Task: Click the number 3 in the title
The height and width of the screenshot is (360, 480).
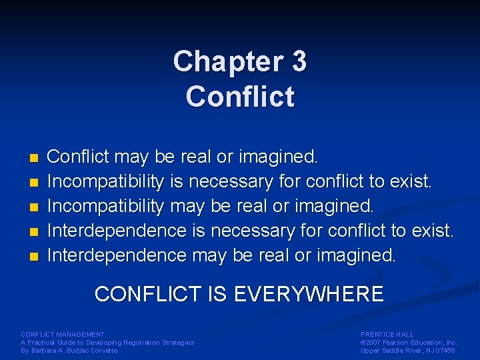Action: (x=299, y=62)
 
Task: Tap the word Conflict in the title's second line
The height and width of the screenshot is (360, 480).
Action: (x=240, y=97)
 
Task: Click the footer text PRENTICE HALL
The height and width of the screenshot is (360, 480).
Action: (x=387, y=334)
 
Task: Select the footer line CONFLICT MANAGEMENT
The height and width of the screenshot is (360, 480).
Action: (x=63, y=334)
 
